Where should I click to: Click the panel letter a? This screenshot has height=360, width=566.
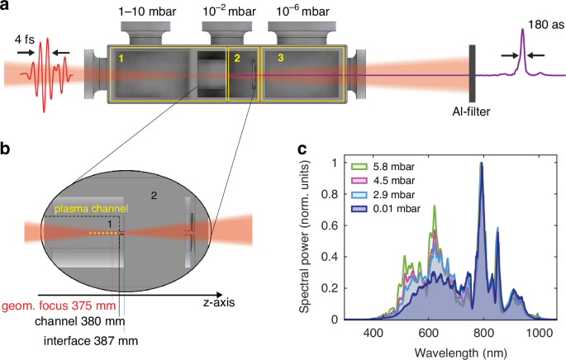(x=7, y=7)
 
